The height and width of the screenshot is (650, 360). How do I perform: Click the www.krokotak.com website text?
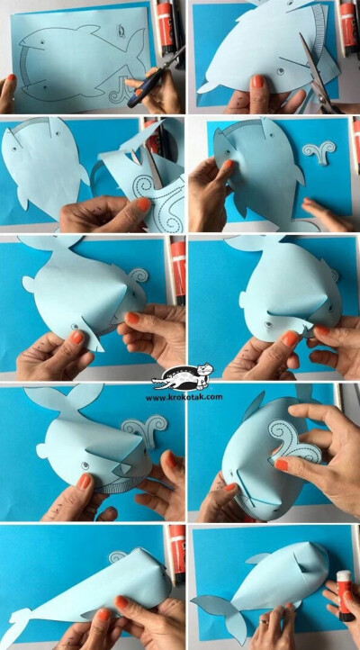tap(184, 397)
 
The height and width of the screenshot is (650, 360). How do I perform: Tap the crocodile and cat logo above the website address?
tap(183, 377)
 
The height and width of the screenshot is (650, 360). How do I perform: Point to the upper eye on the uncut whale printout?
tap(42, 41)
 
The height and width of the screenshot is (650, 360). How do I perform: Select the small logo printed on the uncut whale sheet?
tap(121, 29)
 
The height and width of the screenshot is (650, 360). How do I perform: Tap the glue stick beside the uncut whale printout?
tap(166, 26)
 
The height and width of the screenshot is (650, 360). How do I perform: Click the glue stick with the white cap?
tap(344, 595)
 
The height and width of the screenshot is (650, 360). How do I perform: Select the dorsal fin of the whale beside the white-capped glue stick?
tap(257, 558)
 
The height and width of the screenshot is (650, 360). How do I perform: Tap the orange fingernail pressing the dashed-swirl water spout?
tap(282, 465)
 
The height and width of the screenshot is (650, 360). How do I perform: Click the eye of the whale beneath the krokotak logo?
tap(85, 465)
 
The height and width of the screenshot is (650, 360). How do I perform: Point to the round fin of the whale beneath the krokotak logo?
tap(41, 450)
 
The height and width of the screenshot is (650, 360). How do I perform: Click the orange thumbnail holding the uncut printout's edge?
tap(12, 77)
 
